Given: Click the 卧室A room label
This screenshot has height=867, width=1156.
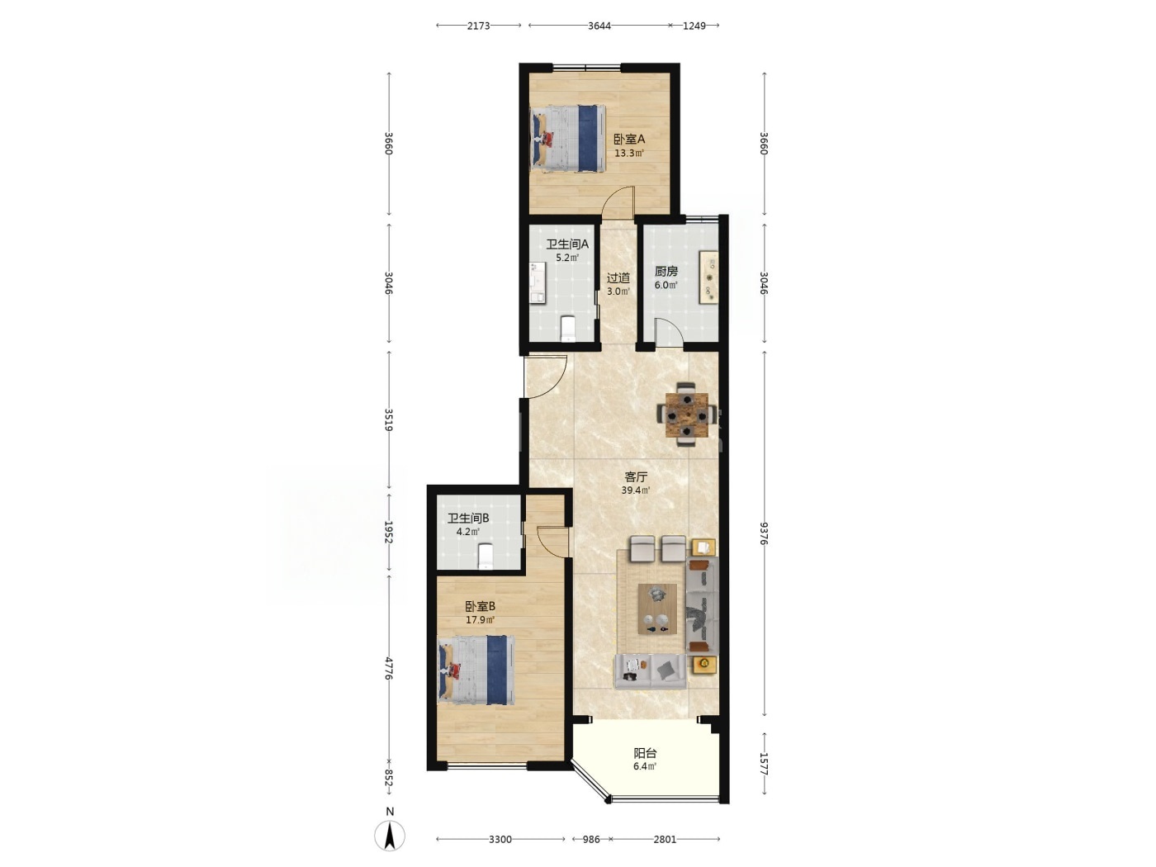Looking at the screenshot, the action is coord(629,139).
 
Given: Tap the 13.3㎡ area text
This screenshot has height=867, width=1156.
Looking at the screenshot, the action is coord(629,154).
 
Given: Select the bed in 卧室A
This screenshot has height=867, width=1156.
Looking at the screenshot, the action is coord(567,138).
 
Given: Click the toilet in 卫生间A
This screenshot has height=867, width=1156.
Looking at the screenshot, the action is coord(568,328).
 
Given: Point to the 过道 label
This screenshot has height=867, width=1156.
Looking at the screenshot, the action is coord(618,277).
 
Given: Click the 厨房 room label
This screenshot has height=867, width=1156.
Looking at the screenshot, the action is coord(666,271).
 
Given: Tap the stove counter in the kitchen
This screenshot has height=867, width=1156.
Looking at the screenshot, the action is coord(708,277).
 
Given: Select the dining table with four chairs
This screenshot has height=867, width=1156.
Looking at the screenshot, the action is coord(685,415).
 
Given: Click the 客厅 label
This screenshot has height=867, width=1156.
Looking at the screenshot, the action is coord(636,477).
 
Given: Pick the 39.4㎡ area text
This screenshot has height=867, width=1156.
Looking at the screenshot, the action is coord(636,490).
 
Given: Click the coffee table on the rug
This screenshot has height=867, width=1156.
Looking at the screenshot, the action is coord(657,609).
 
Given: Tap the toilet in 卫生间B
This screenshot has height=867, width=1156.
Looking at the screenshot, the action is coord(486,556).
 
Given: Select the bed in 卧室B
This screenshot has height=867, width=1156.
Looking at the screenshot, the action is coord(476,669).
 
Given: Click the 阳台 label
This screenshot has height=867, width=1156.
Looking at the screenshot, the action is coord(645,753).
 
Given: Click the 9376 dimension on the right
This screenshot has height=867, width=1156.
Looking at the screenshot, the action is coord(764,533).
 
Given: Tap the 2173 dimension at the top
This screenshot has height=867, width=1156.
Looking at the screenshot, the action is coord(478,26).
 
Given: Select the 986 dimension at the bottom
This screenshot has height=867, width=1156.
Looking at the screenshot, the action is coord(591,839).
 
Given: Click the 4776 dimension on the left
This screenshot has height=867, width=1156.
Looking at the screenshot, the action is coord(389,668).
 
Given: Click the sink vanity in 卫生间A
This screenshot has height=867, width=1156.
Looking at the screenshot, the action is coord(538,282).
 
